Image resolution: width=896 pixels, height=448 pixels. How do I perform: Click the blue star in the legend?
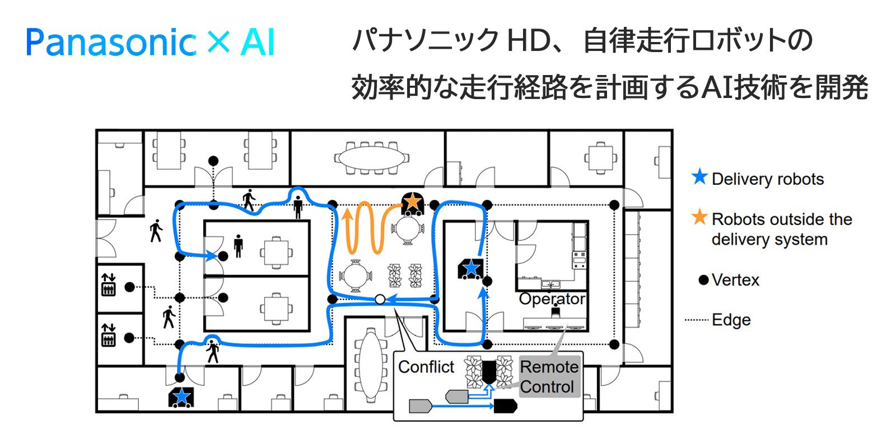click(x=699, y=177)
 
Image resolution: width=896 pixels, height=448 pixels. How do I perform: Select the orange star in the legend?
click(x=699, y=217)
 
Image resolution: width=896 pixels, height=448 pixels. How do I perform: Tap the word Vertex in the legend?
click(x=735, y=280)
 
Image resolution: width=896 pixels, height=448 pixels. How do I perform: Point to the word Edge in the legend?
click(x=731, y=320)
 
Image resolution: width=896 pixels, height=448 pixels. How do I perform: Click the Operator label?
click(x=552, y=299)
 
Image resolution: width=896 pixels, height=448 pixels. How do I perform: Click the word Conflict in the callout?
click(x=426, y=367)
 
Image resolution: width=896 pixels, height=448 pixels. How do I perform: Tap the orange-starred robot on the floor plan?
click(x=413, y=202)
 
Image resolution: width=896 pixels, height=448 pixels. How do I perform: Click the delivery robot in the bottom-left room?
click(x=181, y=396)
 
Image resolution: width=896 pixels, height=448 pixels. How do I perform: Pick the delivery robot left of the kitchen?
click(x=470, y=268)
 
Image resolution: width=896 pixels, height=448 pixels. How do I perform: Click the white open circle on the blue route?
click(x=380, y=300)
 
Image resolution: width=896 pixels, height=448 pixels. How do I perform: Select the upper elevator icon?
click(x=108, y=285)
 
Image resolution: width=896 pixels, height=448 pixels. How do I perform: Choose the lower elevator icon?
click(x=108, y=335)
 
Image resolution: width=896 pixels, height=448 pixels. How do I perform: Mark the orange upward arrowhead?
click(x=348, y=214)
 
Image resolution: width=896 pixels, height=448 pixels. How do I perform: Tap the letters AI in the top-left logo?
click(x=258, y=42)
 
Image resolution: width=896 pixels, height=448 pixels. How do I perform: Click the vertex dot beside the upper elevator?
click(x=129, y=287)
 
